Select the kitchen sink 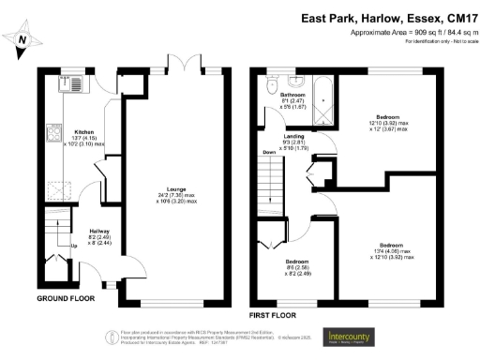[73, 87]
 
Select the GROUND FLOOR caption [67, 298]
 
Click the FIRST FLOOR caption [276, 306]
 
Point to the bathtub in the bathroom [322, 104]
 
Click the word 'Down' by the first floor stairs [270, 153]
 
